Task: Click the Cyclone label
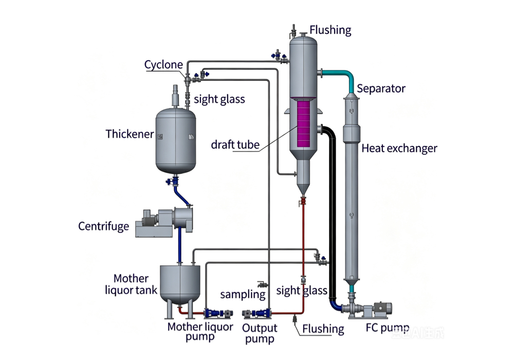[163, 65]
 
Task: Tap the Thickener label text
[130, 134]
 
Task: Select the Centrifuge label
[104, 226]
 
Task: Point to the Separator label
[381, 88]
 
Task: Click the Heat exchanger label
[399, 149]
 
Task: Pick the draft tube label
[235, 145]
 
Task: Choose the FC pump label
[388, 328]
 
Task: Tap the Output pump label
[260, 333]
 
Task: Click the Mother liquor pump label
[200, 332]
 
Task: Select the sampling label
[243, 294]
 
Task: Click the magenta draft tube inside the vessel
[303, 123]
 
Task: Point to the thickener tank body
[176, 140]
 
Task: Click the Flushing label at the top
[331, 30]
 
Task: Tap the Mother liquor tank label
[131, 284]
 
